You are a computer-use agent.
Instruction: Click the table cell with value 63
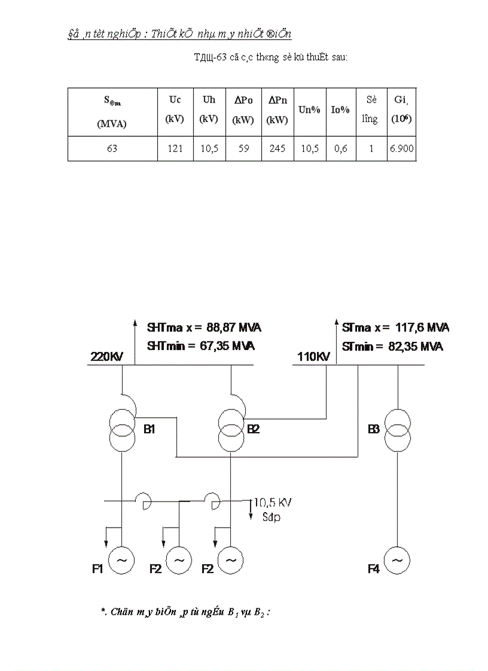click(x=112, y=149)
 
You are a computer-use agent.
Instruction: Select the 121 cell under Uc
click(x=175, y=149)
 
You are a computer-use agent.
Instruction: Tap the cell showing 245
click(x=277, y=149)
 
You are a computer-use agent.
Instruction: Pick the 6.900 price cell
click(x=401, y=149)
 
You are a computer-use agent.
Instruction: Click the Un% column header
click(x=310, y=110)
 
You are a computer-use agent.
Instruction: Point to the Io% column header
click(x=341, y=110)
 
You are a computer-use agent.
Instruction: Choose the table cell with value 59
click(x=243, y=149)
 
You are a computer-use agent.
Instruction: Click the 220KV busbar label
click(x=106, y=357)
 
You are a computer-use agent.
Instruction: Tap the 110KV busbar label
click(x=313, y=357)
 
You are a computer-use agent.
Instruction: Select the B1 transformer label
click(x=149, y=429)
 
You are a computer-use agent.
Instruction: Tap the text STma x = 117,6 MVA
click(x=395, y=328)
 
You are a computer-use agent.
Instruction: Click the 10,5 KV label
click(x=273, y=503)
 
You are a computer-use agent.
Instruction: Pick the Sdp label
click(x=271, y=517)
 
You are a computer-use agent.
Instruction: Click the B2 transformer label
click(x=254, y=429)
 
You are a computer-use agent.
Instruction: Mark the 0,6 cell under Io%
click(x=341, y=149)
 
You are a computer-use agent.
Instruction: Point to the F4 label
click(x=374, y=569)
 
